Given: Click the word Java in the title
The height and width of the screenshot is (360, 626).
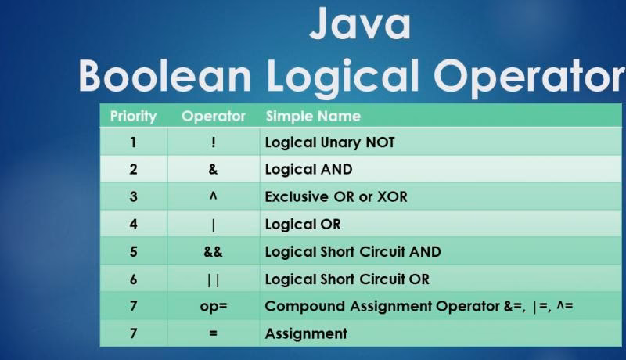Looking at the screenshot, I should (x=359, y=24).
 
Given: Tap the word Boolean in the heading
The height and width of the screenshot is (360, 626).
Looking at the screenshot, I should (x=164, y=76).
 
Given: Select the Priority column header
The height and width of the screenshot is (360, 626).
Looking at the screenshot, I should (x=133, y=117).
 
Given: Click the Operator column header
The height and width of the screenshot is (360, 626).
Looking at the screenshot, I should (x=213, y=117).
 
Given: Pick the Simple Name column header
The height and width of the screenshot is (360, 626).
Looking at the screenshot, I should (x=313, y=117).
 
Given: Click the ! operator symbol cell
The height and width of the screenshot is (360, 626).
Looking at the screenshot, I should (x=213, y=142).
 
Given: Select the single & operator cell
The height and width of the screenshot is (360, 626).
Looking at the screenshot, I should (x=213, y=170).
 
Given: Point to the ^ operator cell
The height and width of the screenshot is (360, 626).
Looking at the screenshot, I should (x=213, y=196).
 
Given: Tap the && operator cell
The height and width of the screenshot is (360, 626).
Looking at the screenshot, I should (x=213, y=252).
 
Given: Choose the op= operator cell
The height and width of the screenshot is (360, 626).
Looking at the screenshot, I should (x=213, y=306).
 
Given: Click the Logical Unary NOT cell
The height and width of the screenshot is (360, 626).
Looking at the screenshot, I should (x=329, y=142).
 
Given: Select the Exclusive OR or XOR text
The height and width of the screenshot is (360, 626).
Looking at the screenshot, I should (x=336, y=197).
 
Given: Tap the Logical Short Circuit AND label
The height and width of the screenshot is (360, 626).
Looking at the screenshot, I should (x=353, y=252).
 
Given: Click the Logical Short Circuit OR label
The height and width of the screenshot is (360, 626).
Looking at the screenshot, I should (x=347, y=279).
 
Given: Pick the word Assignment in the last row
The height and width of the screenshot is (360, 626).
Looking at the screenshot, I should (x=306, y=333).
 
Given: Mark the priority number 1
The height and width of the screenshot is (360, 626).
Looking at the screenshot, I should (x=133, y=142).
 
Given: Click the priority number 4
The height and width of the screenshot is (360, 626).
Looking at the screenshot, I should (x=133, y=225).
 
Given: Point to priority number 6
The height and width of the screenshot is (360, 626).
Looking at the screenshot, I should (x=133, y=279).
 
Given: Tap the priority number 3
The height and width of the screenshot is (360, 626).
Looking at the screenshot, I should (x=133, y=197).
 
